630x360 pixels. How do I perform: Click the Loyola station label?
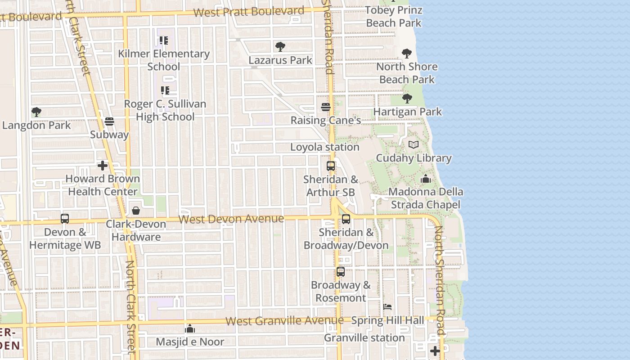point(324,147)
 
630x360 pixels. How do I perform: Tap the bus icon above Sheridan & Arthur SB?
point(331,166)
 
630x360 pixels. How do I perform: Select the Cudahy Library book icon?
point(414,144)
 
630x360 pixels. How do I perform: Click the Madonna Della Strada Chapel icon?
point(425,179)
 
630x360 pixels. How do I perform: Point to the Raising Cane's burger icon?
point(326,107)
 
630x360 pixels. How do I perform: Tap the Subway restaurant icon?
point(109,121)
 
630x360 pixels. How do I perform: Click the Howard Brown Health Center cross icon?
point(103,166)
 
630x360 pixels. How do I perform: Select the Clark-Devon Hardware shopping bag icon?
point(136,210)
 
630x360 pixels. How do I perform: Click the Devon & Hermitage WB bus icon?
point(65,219)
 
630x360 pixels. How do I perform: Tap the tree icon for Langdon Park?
point(36,112)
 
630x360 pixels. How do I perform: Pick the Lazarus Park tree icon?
point(280,46)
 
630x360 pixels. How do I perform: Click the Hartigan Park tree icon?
point(407,98)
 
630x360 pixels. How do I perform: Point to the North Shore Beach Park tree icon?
point(407,54)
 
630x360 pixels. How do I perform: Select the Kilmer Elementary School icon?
point(164,40)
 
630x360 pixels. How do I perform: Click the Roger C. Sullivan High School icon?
point(165,90)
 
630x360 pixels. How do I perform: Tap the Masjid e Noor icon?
point(190,328)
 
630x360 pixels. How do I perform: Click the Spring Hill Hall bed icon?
point(387,307)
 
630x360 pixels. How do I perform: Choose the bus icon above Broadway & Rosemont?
point(341,272)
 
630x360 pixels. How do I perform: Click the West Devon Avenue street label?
point(231,219)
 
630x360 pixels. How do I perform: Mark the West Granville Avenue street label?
point(284,321)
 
